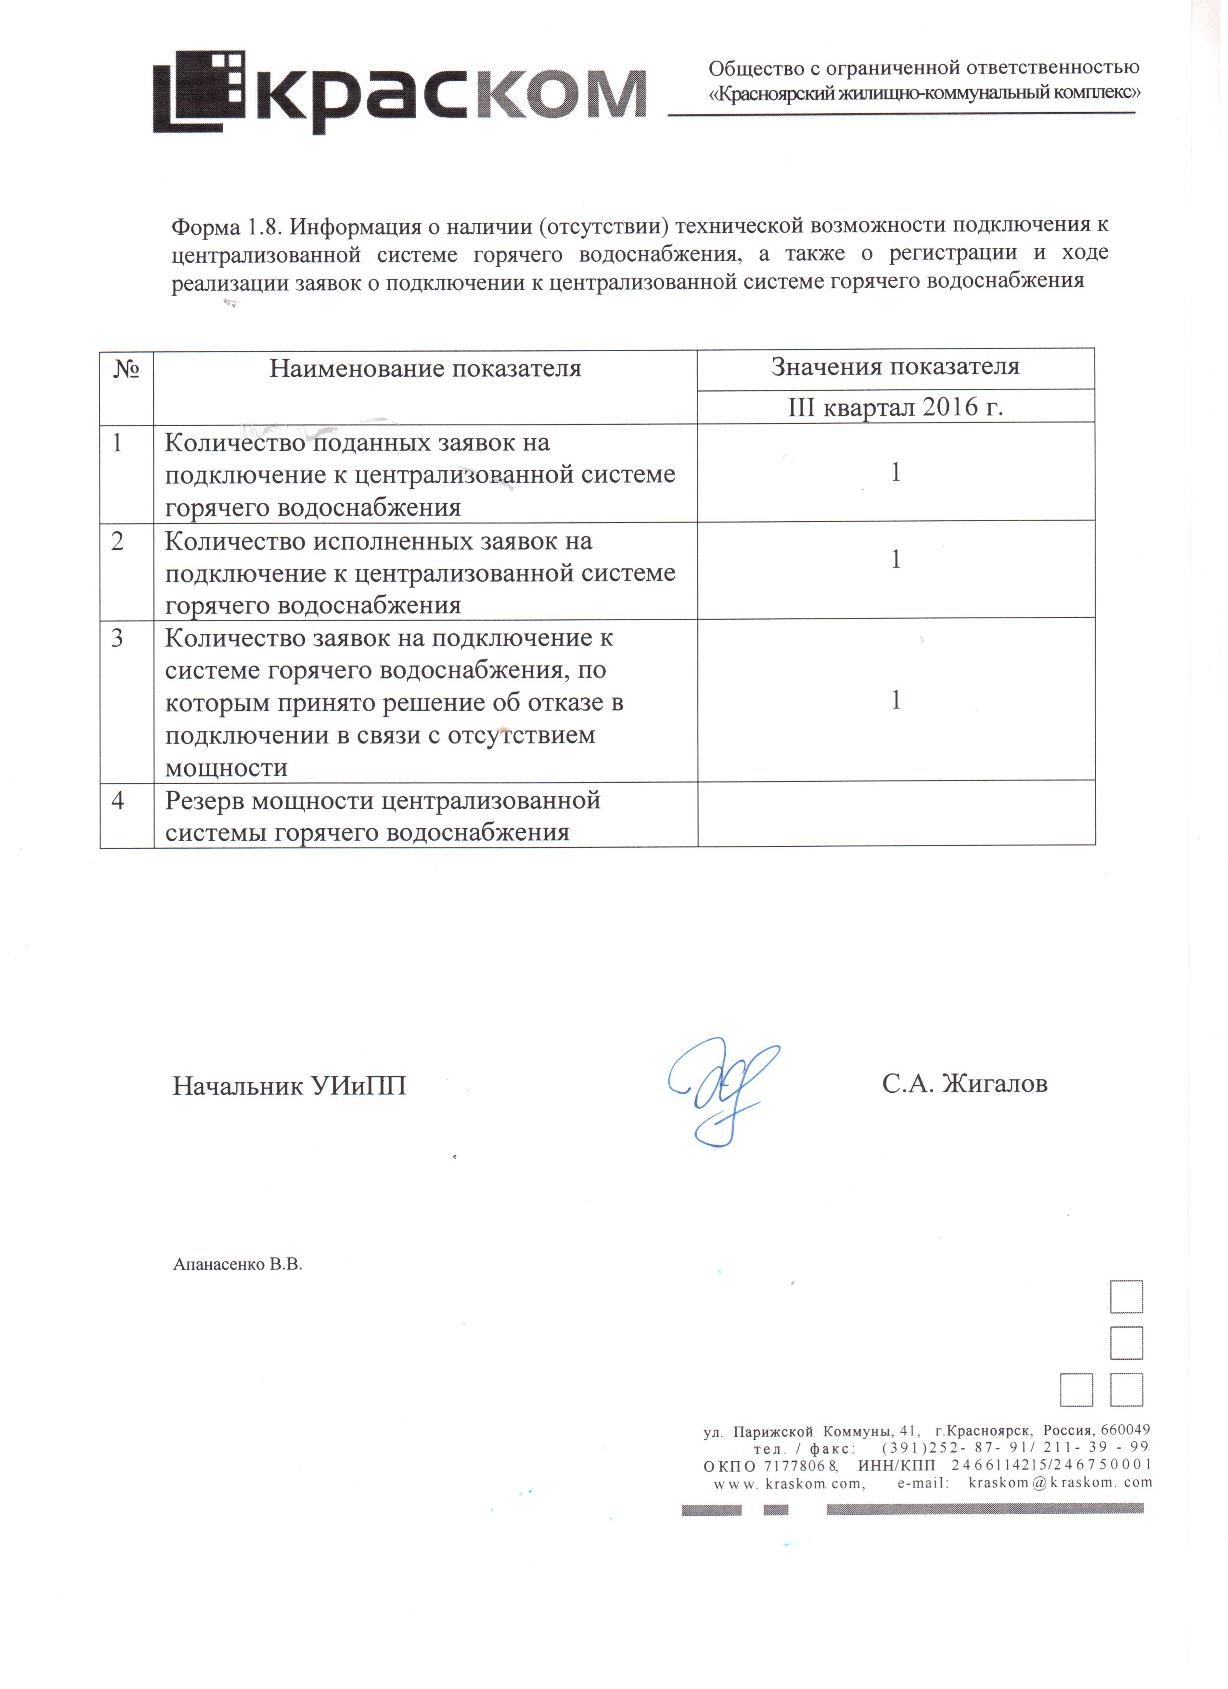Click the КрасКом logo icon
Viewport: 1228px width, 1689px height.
pyautogui.click(x=200, y=91)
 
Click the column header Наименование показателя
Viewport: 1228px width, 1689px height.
pyautogui.click(x=425, y=369)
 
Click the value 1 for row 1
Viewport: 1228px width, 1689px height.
pyautogui.click(x=896, y=472)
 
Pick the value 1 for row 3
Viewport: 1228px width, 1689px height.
pyautogui.click(x=896, y=700)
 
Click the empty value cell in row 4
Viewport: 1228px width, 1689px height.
pyautogui.click(x=896, y=814)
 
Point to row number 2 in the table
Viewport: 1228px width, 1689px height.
pyautogui.click(x=118, y=541)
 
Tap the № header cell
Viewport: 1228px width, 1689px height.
pyautogui.click(x=127, y=369)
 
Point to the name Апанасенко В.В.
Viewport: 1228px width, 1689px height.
pyautogui.click(x=238, y=1265)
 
